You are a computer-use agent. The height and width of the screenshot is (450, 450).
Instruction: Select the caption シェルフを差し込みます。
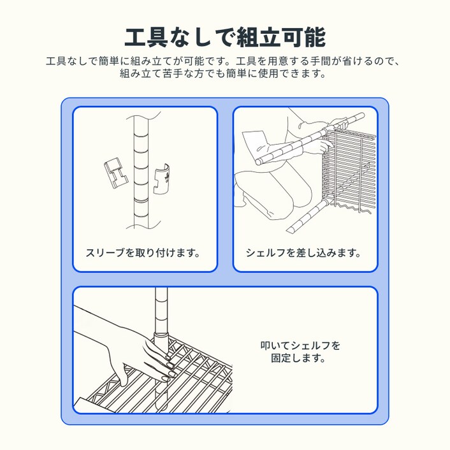(x=304, y=252)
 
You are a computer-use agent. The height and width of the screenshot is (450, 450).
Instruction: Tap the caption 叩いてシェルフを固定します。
(x=301, y=352)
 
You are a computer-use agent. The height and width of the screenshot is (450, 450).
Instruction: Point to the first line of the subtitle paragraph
(x=225, y=62)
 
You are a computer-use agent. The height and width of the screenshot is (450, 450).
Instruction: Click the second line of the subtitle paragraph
(x=225, y=74)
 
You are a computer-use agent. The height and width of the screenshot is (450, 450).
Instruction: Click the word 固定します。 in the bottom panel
(x=301, y=358)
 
